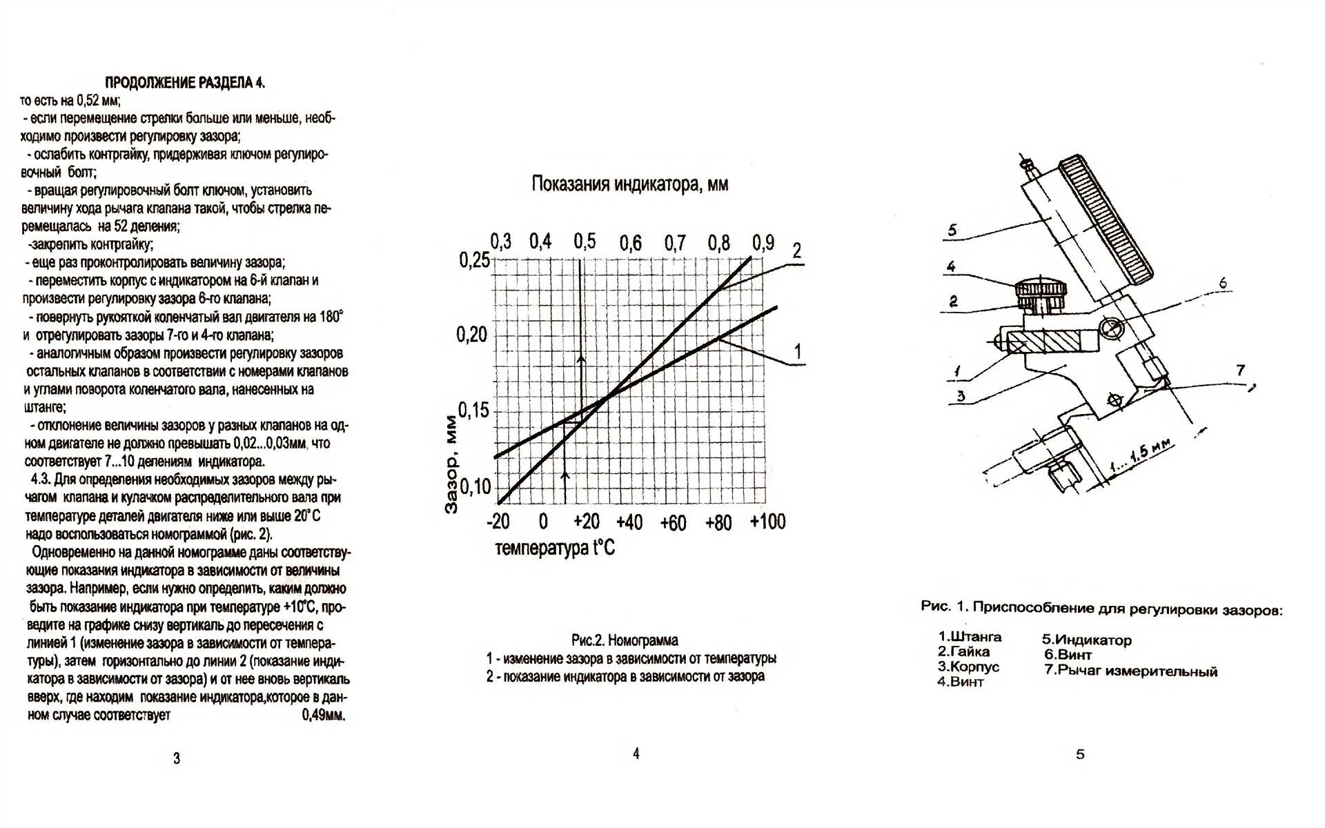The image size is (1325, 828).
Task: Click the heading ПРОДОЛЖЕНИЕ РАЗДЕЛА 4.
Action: point(184,83)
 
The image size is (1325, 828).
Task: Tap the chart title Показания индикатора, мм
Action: point(629,184)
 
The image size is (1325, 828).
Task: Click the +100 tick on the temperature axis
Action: point(767,522)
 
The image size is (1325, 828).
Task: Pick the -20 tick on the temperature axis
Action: point(498,522)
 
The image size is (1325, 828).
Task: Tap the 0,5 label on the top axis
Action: point(585,241)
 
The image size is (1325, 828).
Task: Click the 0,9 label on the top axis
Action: point(763,242)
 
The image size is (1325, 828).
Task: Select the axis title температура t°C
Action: point(555,549)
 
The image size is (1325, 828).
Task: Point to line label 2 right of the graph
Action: point(796,250)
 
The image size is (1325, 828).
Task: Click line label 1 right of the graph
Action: point(798,351)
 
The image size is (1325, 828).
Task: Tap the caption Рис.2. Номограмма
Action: point(625,640)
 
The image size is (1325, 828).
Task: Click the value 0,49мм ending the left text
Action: point(324,716)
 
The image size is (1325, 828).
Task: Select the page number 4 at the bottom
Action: point(636,754)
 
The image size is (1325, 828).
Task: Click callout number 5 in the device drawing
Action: point(952,230)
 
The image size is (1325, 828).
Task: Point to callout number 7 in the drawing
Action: point(1240,371)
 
